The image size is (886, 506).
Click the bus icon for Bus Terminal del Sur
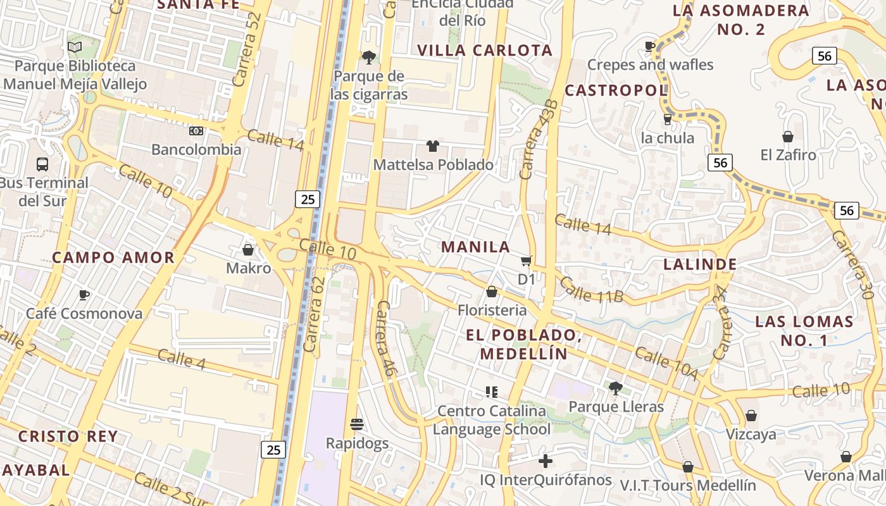(x=42, y=164)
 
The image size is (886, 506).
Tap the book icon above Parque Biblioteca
(x=75, y=47)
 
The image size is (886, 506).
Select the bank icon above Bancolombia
(x=196, y=131)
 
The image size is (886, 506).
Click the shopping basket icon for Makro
(x=248, y=250)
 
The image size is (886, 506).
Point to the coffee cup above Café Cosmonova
(x=84, y=295)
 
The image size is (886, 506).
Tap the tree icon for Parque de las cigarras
(x=368, y=58)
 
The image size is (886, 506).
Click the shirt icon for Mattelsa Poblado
(x=433, y=146)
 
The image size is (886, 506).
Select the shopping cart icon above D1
(x=527, y=261)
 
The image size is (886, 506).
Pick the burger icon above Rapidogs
(x=357, y=424)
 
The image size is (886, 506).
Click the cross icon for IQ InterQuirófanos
(x=546, y=461)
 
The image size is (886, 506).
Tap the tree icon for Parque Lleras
(x=616, y=388)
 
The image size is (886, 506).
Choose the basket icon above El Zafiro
(x=788, y=136)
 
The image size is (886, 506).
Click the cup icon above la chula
(x=667, y=119)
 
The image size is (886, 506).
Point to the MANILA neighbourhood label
(x=475, y=247)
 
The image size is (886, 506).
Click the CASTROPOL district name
(x=616, y=90)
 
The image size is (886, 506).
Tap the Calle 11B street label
(x=591, y=290)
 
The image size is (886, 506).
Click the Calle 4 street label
(x=182, y=359)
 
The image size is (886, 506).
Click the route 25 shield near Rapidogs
(x=273, y=450)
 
